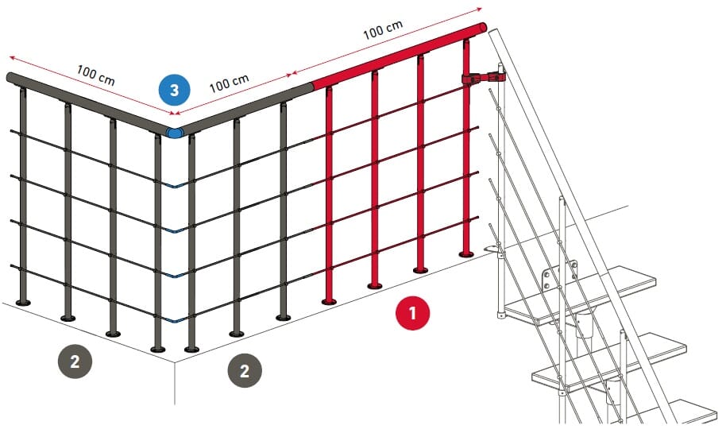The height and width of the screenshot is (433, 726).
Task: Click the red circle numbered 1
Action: [x=412, y=313]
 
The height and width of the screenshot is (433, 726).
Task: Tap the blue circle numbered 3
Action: [x=174, y=89]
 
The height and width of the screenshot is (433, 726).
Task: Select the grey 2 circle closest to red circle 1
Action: [x=245, y=370]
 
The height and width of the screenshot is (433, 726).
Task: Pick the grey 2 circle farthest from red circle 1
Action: [x=75, y=361]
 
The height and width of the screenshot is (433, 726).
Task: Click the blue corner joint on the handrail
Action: [x=175, y=133]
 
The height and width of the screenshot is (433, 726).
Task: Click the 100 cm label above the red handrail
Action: [x=382, y=30]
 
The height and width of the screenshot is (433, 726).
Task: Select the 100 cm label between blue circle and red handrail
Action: [x=230, y=83]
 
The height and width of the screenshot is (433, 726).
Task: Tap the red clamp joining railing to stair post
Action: [x=483, y=77]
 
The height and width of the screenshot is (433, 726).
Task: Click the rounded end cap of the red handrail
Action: [x=482, y=27]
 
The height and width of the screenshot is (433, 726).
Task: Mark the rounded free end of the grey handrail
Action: [x=10, y=77]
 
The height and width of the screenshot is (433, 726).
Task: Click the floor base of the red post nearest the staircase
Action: [x=465, y=253]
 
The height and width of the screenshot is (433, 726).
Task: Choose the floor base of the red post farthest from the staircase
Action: [x=329, y=302]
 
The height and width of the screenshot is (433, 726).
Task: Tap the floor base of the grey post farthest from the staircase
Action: [x=23, y=303]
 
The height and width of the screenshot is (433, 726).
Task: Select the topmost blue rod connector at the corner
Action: [x=175, y=185]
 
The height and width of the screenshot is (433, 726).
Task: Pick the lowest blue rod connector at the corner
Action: [x=175, y=319]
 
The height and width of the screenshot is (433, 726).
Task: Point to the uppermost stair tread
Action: [x=580, y=294]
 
